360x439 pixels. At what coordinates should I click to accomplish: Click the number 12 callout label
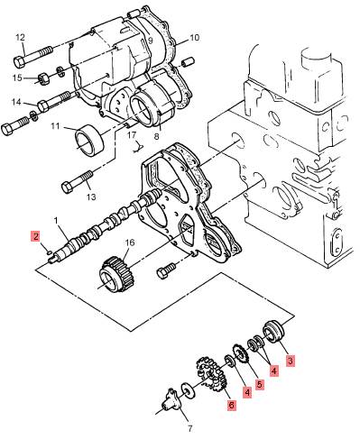pos(20,38)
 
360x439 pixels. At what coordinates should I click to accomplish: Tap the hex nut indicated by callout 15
pos(43,78)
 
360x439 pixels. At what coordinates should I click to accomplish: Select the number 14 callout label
pos(16,102)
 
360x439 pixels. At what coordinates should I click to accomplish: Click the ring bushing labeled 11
pos(89,140)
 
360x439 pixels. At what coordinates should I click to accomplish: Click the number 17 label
pos(132,135)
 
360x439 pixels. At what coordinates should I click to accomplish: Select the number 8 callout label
pos(156,137)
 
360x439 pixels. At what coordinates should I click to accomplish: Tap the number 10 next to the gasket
pos(195,38)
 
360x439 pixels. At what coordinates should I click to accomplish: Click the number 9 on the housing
pos(150,40)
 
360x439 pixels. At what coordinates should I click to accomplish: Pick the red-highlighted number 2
pos(36,236)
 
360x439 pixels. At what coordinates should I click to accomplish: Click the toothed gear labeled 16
pos(117,274)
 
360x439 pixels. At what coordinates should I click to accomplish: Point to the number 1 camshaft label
pos(56,221)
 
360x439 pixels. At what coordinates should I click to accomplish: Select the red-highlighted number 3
pos(290,361)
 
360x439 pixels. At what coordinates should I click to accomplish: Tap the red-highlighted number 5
pos(260,384)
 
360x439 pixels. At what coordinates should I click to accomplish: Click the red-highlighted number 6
pos(231,405)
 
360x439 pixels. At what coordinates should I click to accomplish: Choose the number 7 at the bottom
pos(189,428)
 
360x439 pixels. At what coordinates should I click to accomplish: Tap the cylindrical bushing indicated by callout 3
pos(273,332)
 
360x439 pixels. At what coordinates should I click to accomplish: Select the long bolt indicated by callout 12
pos(33,56)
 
